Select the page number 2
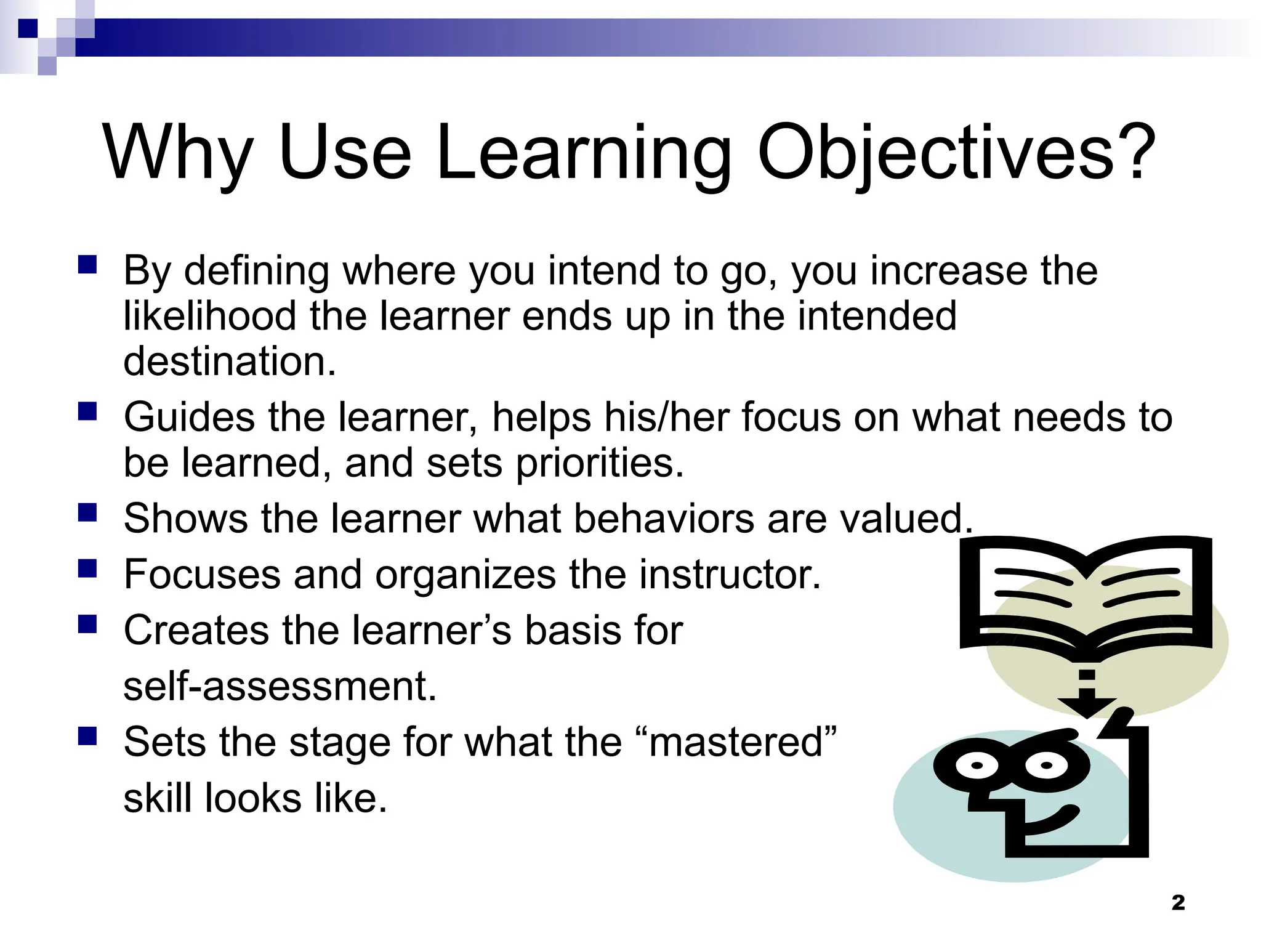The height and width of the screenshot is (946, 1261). click(x=1178, y=903)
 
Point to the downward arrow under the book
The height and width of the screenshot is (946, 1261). click(x=1087, y=696)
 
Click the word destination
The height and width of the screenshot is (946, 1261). click(x=229, y=362)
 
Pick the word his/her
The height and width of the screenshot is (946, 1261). click(x=666, y=418)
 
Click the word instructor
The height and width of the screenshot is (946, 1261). click(x=730, y=575)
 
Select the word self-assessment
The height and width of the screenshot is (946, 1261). click(x=280, y=686)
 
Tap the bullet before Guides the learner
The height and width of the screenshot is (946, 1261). click(x=87, y=411)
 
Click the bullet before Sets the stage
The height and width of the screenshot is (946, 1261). click(x=87, y=735)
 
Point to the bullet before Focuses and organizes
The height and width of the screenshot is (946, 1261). click(x=87, y=568)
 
